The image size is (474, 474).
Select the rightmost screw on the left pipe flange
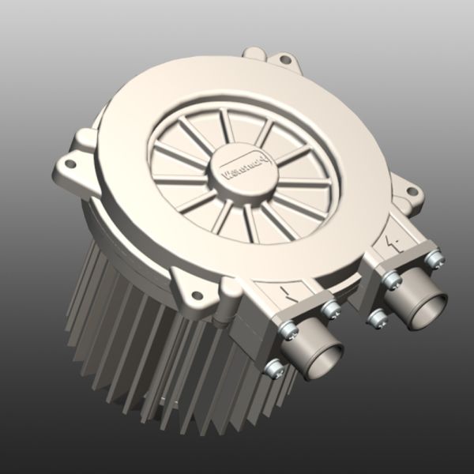[332, 309]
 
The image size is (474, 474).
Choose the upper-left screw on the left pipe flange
[288, 331]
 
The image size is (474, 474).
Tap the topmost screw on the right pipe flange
[432, 258]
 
